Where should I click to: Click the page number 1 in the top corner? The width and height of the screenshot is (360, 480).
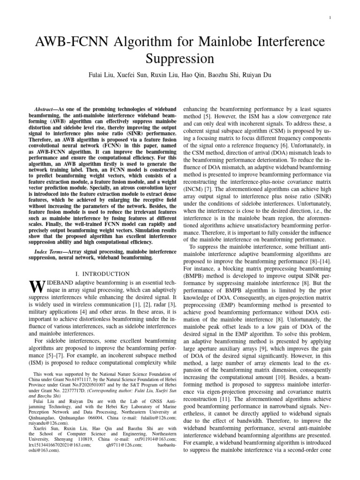(x=330, y=18)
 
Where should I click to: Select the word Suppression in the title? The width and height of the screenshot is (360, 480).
(x=180, y=60)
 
